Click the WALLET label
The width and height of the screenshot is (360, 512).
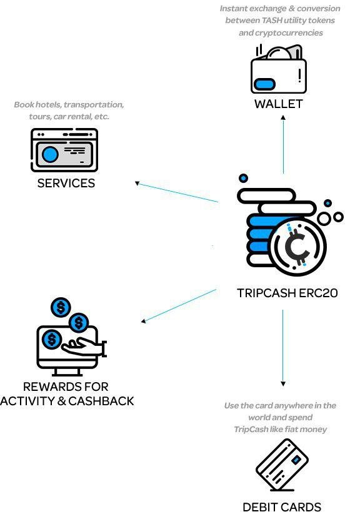[x=279, y=104]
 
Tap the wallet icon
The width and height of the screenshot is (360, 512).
[x=278, y=69]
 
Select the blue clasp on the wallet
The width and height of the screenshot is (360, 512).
[x=264, y=84]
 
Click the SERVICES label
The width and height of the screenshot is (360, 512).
[x=66, y=183]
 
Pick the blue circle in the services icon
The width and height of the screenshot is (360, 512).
[x=50, y=154]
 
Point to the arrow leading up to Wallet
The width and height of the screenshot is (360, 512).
[x=283, y=144]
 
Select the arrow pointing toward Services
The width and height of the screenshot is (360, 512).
[x=177, y=192]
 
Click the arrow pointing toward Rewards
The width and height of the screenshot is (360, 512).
[x=179, y=306]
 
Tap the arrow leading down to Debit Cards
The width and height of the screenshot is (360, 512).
[x=283, y=348]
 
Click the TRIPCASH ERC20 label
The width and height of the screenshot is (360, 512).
[x=287, y=293]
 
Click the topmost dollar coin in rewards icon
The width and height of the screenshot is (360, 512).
[x=61, y=307]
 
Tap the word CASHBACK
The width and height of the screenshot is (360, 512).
[x=101, y=401]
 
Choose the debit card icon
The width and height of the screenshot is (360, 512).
[x=282, y=465]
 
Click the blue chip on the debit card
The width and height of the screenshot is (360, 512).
[x=296, y=460]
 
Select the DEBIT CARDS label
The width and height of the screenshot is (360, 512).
[x=282, y=507]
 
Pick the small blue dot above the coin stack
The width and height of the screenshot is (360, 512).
[x=243, y=178]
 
